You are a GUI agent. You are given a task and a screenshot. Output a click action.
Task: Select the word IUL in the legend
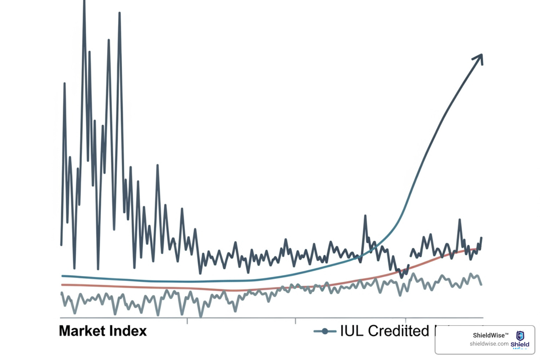[352, 331]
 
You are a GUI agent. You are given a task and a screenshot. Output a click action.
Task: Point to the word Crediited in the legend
[399, 331]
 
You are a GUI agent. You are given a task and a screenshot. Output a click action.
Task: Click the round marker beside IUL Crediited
[325, 331]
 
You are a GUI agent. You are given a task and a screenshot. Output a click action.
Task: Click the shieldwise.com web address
[489, 344]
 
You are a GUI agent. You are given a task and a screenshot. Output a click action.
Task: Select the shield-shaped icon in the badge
[520, 335]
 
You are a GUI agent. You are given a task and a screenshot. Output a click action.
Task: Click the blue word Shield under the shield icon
[520, 345]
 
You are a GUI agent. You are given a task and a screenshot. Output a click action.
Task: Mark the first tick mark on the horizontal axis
[187, 321]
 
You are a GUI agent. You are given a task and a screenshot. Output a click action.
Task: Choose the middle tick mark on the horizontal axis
[296, 321]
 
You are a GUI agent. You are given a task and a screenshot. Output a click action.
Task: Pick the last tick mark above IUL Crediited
[406, 321]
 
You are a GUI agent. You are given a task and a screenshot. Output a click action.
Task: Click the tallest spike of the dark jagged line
[84, 3]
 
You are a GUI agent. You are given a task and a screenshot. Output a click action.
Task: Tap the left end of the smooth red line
[62, 285]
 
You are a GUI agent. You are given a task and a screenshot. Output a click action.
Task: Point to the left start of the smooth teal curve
[62, 276]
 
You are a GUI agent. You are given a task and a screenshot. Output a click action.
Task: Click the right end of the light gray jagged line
[481, 284]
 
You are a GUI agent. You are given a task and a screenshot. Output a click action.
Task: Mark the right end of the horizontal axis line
[483, 318]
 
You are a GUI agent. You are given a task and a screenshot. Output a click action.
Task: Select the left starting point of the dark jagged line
[62, 245]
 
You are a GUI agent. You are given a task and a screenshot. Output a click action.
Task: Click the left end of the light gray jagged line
[62, 293]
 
